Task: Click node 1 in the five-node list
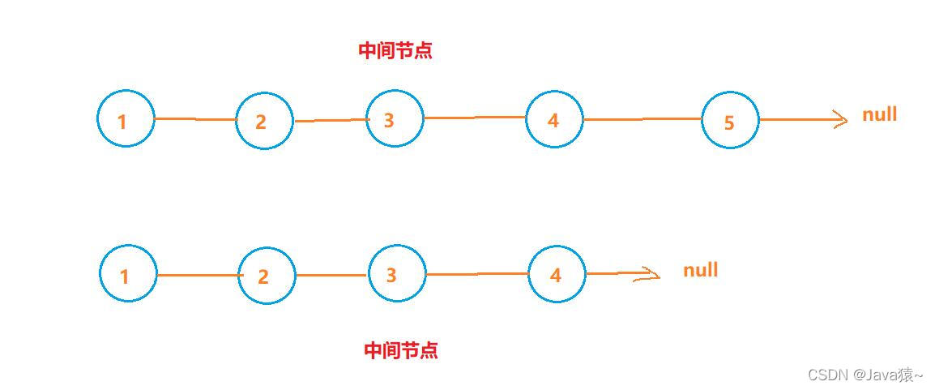(126, 119)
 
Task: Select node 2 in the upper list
(264, 121)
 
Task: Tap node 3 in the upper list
(395, 118)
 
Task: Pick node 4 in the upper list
(554, 119)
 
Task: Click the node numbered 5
(729, 120)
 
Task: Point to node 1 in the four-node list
(128, 274)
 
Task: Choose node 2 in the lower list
(267, 276)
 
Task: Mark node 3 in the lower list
(397, 273)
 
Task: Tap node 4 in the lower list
(557, 274)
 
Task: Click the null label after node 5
(879, 114)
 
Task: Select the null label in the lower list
(700, 270)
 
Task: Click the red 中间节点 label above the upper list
(395, 50)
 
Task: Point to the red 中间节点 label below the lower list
(401, 350)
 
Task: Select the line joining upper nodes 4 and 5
(642, 119)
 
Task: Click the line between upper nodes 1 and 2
(194, 119)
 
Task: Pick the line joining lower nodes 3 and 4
(477, 274)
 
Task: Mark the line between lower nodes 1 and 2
(197, 275)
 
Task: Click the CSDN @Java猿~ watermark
(865, 375)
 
